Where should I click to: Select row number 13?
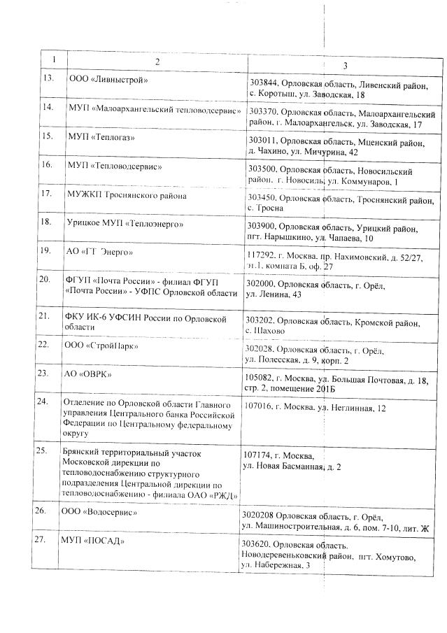[49, 78]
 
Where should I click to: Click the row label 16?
[48, 165]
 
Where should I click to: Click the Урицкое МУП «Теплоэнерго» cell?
[124, 224]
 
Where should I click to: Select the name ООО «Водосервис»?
[99, 513]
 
